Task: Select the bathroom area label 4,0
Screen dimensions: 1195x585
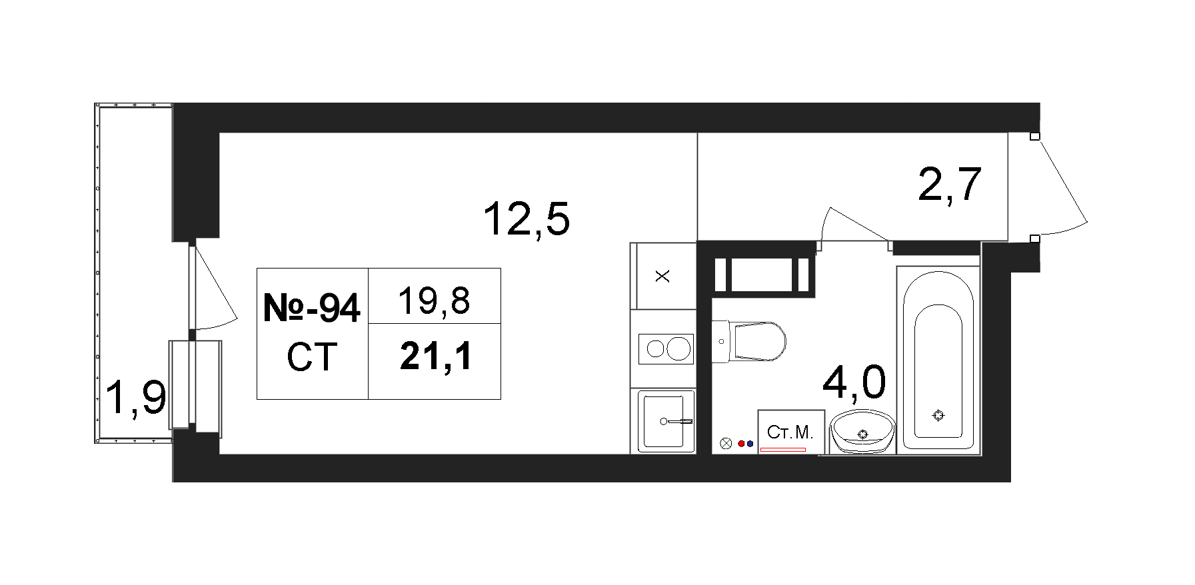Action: click(854, 382)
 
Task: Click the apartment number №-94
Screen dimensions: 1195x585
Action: click(312, 308)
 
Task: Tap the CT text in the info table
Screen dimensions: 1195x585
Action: click(312, 357)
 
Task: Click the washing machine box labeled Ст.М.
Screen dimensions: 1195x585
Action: click(791, 432)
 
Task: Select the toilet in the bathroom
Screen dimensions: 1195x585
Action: click(749, 342)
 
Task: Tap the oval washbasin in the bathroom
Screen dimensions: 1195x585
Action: click(862, 432)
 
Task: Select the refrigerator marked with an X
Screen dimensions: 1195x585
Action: click(662, 276)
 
